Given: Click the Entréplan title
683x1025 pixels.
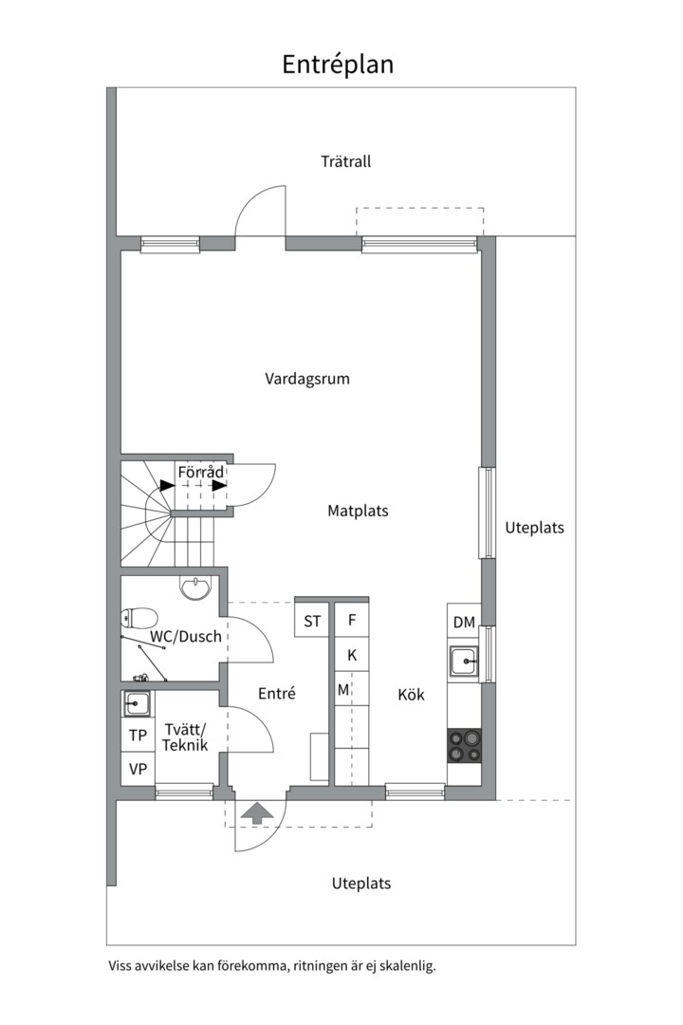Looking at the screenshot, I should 337,65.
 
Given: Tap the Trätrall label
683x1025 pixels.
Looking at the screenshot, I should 345,161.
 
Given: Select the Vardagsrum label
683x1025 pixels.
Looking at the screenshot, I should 306,379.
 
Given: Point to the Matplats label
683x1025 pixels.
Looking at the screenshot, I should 358,511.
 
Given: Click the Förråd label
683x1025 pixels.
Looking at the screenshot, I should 200,472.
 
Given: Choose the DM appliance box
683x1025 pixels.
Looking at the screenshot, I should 463,623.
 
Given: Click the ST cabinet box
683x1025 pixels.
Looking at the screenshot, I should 312,622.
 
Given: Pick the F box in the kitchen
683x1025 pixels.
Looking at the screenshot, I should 352,621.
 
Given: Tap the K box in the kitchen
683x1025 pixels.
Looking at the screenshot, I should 352,655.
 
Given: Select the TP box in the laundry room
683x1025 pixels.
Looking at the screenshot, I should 138,735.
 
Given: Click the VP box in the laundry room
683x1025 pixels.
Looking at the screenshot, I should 138,769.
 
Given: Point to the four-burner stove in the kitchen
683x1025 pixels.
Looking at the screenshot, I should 464,746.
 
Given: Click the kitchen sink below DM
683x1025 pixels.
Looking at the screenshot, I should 465,661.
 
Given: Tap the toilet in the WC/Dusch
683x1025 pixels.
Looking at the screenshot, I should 134,619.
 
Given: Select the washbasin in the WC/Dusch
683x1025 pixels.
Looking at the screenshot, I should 196,588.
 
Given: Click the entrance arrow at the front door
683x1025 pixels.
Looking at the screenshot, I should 256,812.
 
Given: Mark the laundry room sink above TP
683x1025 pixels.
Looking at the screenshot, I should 137,703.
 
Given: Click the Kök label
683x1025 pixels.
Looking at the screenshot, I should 411,695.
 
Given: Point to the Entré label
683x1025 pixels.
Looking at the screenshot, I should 277,694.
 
